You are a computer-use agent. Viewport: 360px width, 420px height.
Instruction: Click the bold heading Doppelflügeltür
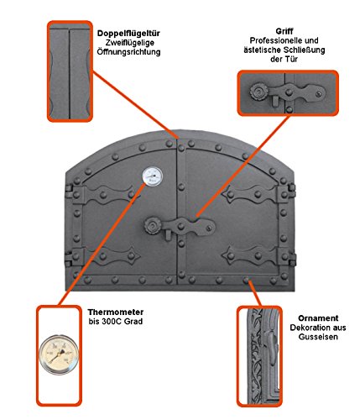(x=128, y=34)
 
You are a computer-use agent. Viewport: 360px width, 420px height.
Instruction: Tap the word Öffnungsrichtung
(x=128, y=52)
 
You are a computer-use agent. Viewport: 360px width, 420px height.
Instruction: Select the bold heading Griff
(x=284, y=31)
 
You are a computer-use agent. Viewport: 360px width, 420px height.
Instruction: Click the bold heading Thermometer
(x=116, y=312)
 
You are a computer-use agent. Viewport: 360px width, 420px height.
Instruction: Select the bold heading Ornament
(x=318, y=318)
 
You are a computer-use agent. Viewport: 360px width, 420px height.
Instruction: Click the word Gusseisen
(x=318, y=337)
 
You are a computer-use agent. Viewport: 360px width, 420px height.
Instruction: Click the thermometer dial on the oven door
(x=153, y=176)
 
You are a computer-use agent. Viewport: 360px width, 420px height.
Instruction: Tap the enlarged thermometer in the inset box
(x=59, y=354)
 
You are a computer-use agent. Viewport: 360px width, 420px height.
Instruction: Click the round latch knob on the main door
(x=153, y=225)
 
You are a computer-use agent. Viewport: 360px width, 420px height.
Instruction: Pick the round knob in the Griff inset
(x=258, y=91)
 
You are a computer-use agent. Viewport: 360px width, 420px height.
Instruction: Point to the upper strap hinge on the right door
(x=258, y=194)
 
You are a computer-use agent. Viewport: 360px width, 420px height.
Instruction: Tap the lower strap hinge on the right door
(x=258, y=255)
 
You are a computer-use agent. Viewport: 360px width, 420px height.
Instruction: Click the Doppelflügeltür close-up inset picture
(x=70, y=71)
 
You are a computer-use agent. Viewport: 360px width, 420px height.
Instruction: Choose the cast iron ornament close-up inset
(x=259, y=356)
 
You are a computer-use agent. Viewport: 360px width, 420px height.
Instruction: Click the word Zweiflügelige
(x=130, y=43)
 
